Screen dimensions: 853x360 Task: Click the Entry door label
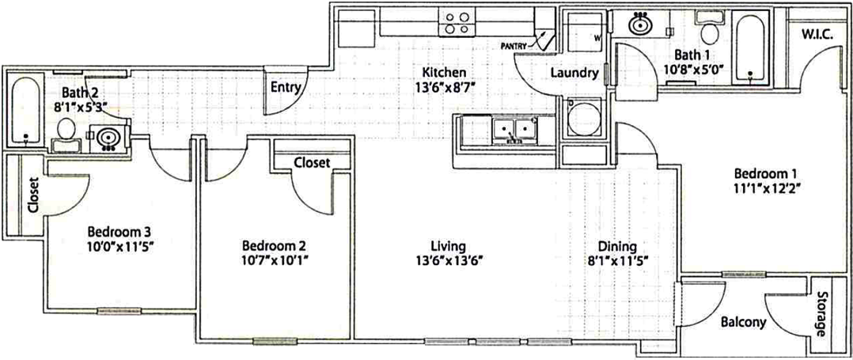point(286,87)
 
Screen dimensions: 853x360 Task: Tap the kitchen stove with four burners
point(457,23)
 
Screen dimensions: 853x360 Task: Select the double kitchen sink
point(513,131)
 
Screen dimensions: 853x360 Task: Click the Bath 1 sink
point(641,24)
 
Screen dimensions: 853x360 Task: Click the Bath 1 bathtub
point(750,47)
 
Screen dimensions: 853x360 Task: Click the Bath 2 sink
point(107,136)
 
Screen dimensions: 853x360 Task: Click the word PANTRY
point(514,46)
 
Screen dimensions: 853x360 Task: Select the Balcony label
point(743,322)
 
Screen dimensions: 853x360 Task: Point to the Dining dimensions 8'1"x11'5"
point(619,260)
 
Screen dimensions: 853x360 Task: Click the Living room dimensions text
point(448,260)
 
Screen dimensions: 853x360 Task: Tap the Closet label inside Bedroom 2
point(313,162)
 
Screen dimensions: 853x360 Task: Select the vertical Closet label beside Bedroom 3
point(32,195)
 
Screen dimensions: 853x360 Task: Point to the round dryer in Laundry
point(583,117)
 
